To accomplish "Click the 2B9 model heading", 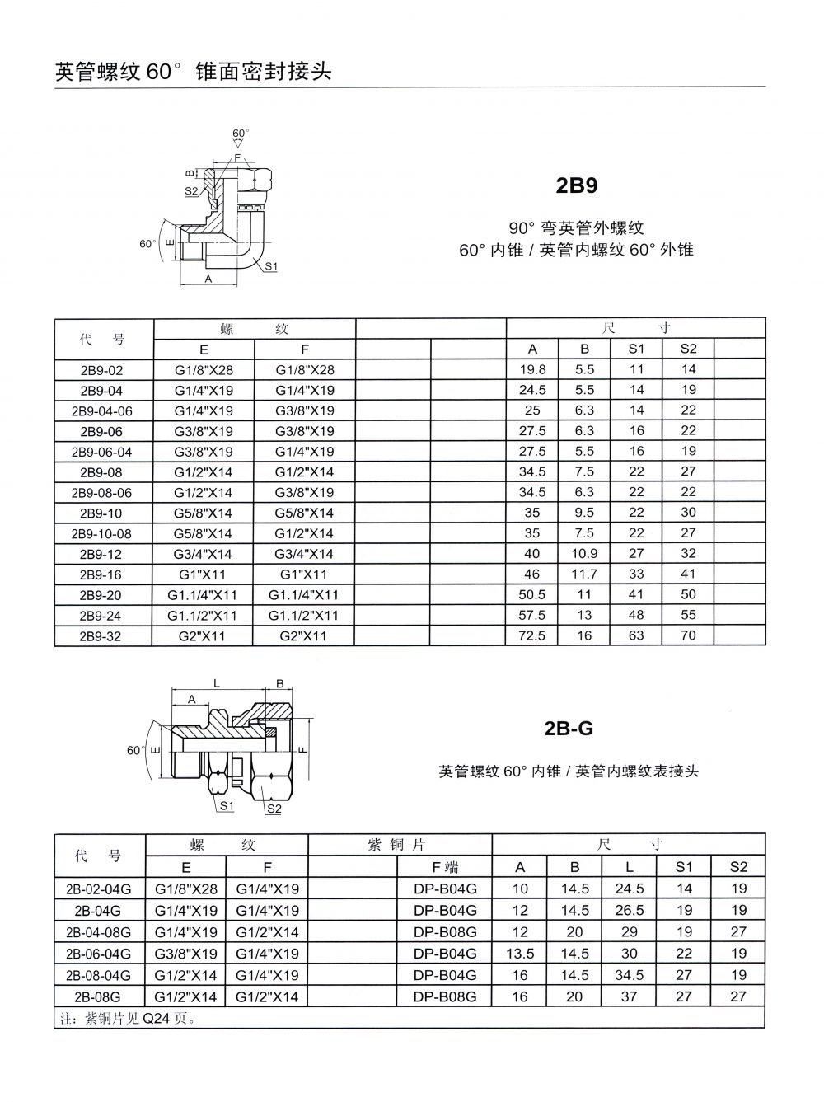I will (577, 185).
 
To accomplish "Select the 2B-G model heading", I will (569, 729).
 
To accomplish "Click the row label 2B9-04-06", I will (101, 410).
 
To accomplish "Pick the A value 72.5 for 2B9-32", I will (531, 635).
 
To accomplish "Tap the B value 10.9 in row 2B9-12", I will (584, 554).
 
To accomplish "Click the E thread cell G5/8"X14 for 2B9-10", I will (204, 513).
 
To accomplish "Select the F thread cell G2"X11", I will (304, 635).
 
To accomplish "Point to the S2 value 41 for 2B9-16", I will (688, 574).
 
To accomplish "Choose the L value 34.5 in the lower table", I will (630, 975).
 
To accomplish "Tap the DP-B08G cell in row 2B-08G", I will (445, 996).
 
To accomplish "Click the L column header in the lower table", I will (630, 866).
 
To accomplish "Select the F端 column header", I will (445, 866).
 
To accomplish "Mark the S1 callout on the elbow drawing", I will (271, 266).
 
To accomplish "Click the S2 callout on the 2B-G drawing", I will (274, 809).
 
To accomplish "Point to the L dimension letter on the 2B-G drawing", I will (217, 683).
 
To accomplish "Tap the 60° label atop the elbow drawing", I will (240, 133).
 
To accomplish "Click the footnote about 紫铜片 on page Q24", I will (128, 1018).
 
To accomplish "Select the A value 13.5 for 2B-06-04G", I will (520, 954).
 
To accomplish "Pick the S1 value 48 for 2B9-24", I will (636, 615).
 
